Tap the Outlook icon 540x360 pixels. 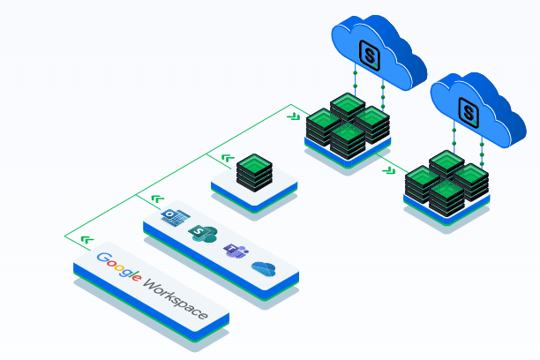(171, 217)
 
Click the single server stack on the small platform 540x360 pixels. (254, 170)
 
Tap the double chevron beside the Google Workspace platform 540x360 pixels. (86, 239)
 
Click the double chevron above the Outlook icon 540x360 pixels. (157, 199)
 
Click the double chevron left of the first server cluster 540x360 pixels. (294, 116)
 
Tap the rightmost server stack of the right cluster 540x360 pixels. (471, 180)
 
